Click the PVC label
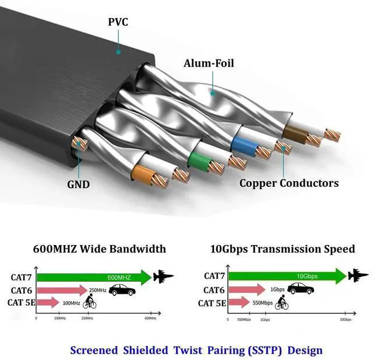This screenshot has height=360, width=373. point(118,23)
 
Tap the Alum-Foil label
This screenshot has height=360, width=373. point(209,63)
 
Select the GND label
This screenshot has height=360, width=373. point(78,184)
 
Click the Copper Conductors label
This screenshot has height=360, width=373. point(288,183)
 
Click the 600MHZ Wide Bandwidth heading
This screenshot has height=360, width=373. point(99,249)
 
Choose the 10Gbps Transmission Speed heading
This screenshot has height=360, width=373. point(282,249)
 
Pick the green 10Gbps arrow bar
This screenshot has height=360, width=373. point(286,275)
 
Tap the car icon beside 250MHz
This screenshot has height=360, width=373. point(122,290)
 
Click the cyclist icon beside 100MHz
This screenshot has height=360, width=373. point(90,302)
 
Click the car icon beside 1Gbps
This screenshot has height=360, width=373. point(300,289)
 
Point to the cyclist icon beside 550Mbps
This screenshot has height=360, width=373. point(282,302)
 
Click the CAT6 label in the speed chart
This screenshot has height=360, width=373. point(214,289)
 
